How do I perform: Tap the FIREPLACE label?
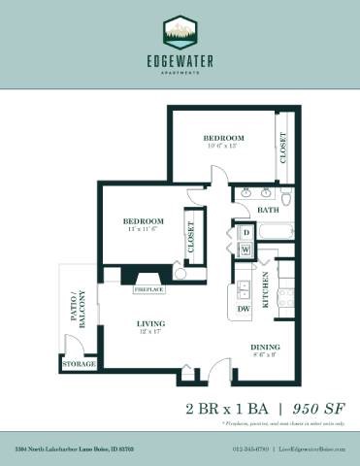pos(149,289)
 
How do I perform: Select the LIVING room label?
pos(149,324)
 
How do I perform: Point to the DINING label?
pos(266,347)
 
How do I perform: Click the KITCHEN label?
pos(265,288)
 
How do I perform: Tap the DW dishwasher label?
pos(244,309)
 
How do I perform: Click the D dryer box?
pos(245,233)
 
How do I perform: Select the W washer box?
pos(245,250)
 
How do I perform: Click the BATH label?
pos(269,210)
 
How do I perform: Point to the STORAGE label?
pos(80,364)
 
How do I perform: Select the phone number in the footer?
pos(250,449)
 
